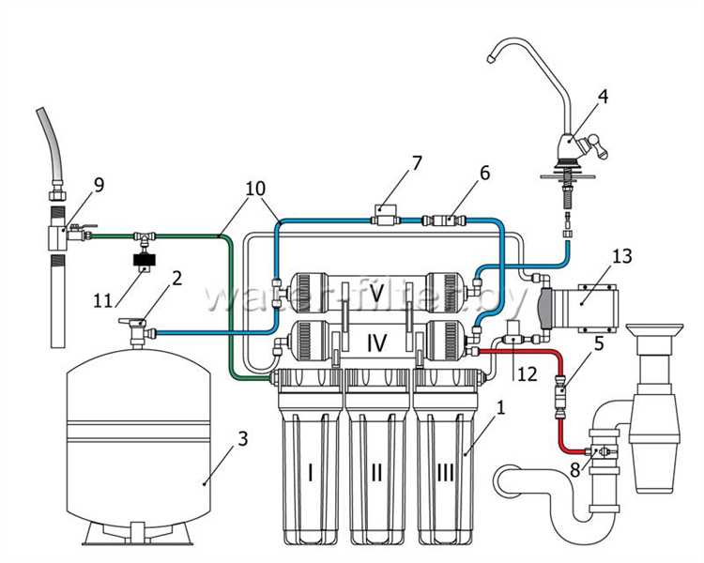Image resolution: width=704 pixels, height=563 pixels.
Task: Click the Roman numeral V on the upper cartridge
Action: click(x=377, y=295)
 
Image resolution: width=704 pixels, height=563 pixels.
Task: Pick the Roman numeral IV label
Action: click(x=377, y=342)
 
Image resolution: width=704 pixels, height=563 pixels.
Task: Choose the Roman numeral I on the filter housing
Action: click(x=311, y=473)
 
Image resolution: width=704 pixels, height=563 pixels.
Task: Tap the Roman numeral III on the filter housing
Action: click(x=444, y=473)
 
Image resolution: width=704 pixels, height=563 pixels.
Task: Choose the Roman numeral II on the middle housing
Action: click(x=376, y=473)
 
